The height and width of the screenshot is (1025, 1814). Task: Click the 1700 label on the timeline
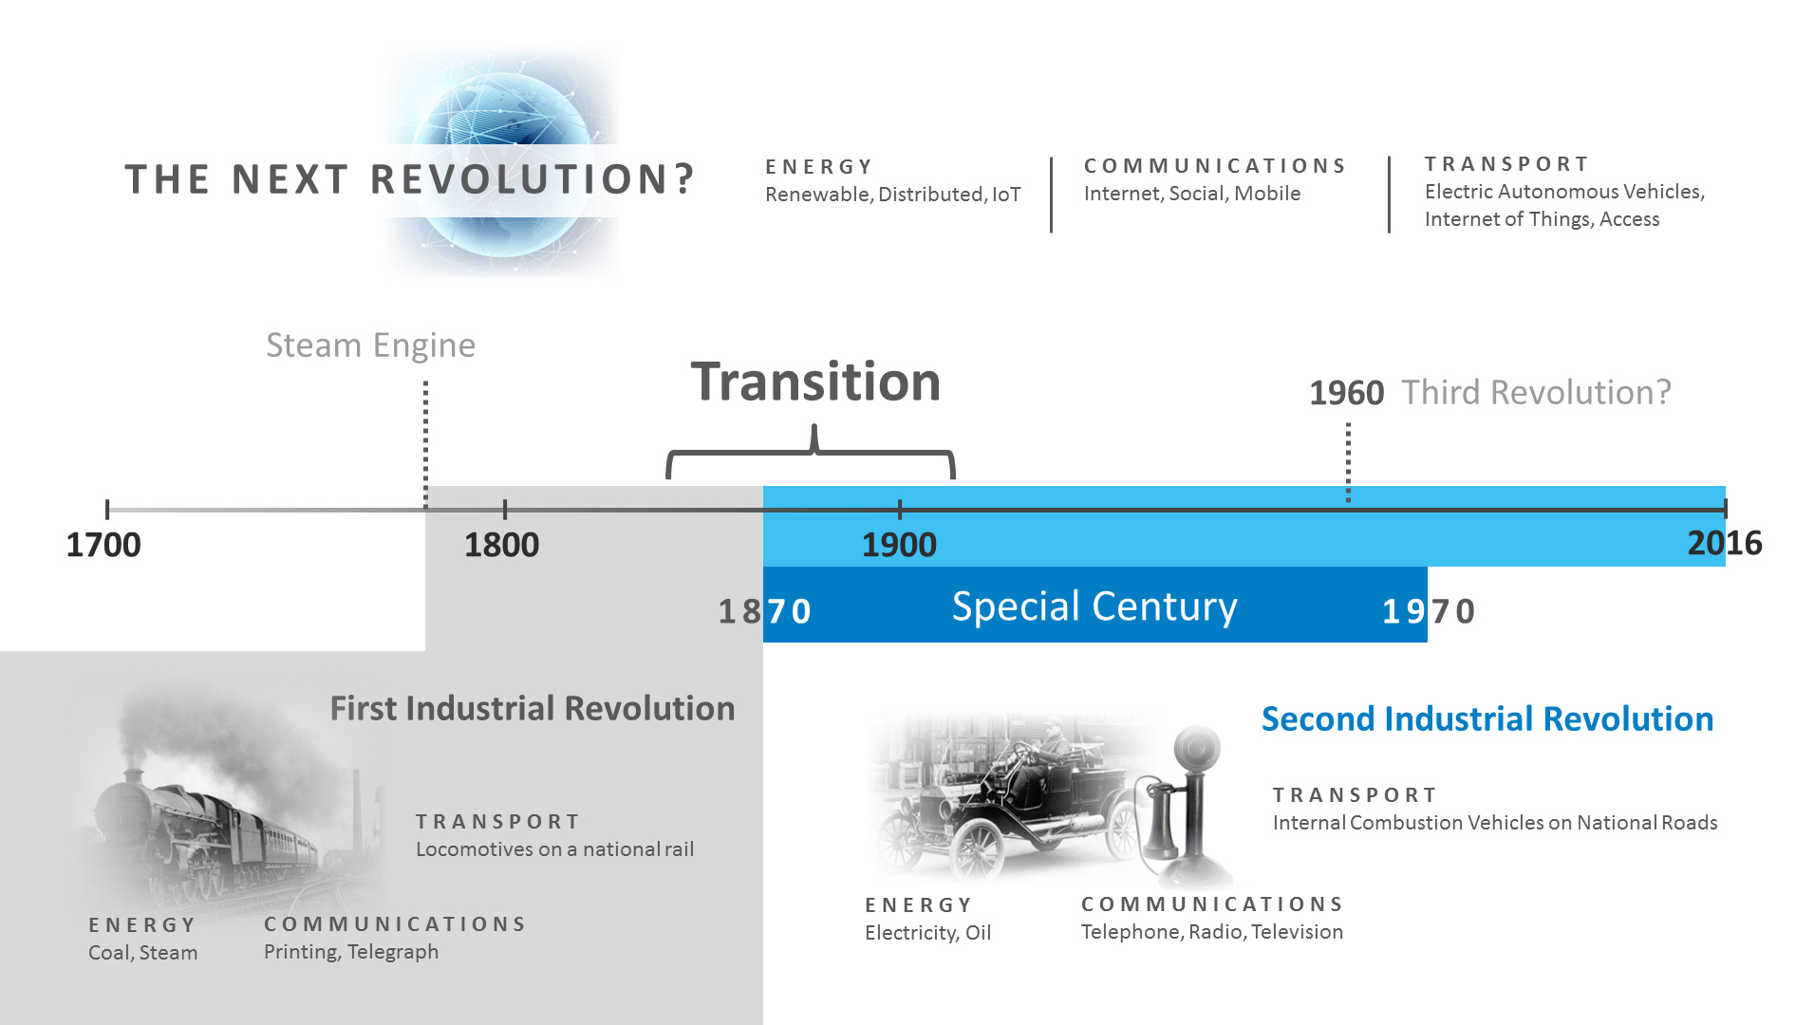point(103,545)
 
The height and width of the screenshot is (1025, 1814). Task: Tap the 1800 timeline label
point(501,545)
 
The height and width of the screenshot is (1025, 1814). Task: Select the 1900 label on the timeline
point(899,545)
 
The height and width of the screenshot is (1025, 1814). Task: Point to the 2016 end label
point(1724,543)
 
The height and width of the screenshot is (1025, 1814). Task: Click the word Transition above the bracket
point(815,382)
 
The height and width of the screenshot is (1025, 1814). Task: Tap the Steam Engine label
point(370,345)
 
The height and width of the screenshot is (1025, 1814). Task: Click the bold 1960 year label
point(1346,393)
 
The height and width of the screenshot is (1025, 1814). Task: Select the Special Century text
point(1094,606)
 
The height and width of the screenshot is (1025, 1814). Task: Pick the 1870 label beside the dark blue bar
point(764,611)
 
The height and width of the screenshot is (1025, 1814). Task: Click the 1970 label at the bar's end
point(1428,611)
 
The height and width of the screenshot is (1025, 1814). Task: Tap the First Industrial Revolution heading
point(532,709)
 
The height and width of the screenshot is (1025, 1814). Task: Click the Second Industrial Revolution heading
point(1487,719)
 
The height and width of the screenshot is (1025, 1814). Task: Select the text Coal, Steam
point(142,953)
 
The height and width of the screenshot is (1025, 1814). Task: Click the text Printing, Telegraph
point(351,952)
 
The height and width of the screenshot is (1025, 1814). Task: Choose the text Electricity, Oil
point(927,933)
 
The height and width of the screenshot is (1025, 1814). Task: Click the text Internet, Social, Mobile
point(1191,194)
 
